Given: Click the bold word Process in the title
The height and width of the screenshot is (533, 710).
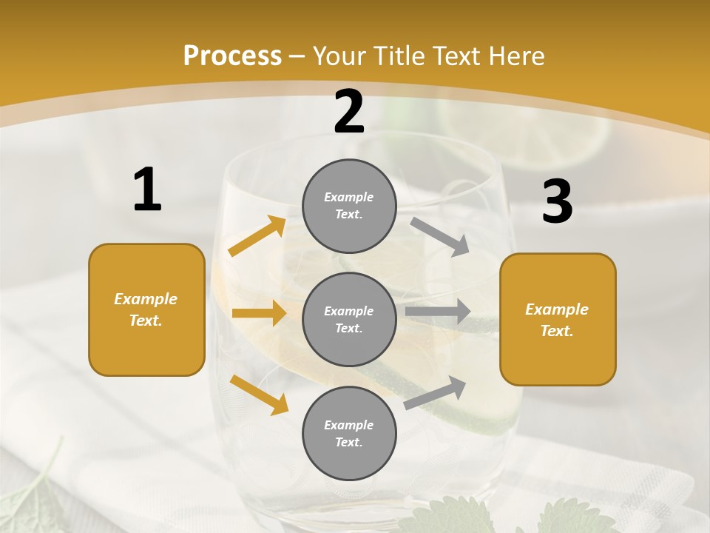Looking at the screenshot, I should coord(232,56).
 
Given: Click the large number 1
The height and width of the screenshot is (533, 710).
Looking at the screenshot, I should coord(147,190).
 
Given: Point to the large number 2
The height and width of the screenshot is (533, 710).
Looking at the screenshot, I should coord(349,112).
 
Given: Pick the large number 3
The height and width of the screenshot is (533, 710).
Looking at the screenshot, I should coord(557,202).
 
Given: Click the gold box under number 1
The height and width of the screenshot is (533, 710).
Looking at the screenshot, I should coord(146,309).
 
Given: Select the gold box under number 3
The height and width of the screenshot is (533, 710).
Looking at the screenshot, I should coord(558,319).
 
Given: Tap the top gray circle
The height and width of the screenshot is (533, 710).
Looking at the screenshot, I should coord(349,206).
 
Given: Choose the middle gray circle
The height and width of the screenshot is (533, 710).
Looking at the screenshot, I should coord(349,319).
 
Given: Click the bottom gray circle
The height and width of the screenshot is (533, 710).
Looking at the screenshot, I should coord(349,433).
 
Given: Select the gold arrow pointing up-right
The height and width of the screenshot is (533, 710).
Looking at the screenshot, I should coord(257,236).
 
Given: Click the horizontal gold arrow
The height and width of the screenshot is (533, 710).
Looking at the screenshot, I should coord(259,313).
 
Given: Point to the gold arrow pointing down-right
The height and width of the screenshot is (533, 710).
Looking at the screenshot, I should coord(259,394).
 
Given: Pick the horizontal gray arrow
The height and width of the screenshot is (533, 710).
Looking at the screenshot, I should coord(438,312).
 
